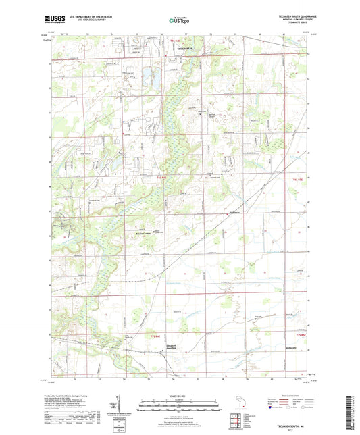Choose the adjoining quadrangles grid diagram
(x=238, y=418)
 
